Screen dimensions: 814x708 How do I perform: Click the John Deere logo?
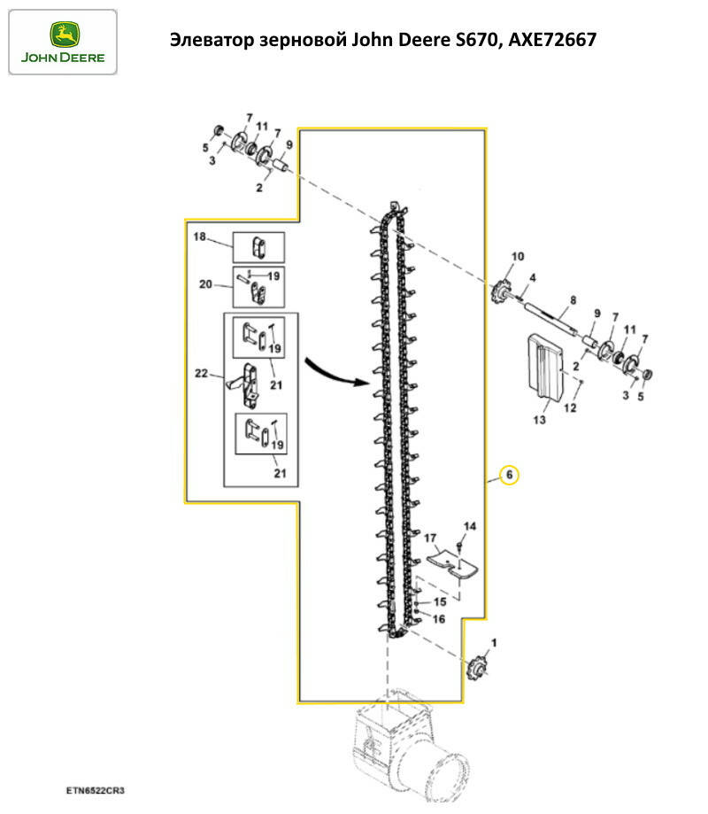click(x=62, y=42)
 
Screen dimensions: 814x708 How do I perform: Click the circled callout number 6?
click(x=509, y=475)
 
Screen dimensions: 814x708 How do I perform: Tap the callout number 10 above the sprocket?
click(x=518, y=257)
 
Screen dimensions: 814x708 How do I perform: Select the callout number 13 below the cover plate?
click(x=539, y=421)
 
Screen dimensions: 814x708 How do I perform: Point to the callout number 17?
click(x=431, y=538)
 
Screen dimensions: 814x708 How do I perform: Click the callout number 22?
click(x=202, y=375)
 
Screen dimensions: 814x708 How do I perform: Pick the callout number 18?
click(x=199, y=236)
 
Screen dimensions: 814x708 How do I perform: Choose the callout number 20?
click(x=204, y=284)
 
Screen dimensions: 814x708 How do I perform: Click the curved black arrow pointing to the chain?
click(x=334, y=372)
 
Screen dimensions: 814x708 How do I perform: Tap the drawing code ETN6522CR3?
click(x=94, y=787)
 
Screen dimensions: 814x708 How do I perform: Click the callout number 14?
click(x=470, y=526)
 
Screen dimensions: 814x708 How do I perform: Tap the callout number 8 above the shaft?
click(x=573, y=301)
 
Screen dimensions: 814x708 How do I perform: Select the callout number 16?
click(x=439, y=618)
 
